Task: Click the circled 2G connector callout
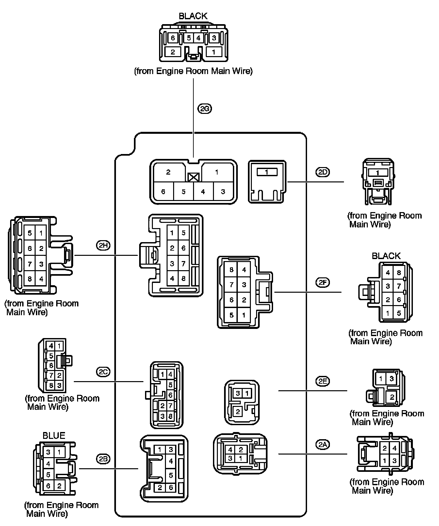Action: coord(204,109)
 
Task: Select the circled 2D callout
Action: coord(323,172)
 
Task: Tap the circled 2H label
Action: coord(103,245)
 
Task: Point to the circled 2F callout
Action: coord(322,283)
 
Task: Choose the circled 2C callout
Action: coord(103,371)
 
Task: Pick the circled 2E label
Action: coord(322,381)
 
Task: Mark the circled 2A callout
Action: coord(323,444)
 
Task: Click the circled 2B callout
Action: coord(103,459)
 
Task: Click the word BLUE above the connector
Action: coord(54,436)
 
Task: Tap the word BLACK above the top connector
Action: coord(193,16)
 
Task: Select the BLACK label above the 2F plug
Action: coord(386,256)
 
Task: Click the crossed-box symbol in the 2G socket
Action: coord(194,177)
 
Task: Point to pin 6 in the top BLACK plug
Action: coord(172,38)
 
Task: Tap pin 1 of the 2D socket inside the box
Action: coord(267,172)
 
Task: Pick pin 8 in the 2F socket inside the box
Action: coord(232,270)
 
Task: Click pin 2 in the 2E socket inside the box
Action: coord(237,412)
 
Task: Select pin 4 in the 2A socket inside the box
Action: coord(231,450)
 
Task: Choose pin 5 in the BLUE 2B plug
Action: coord(48,474)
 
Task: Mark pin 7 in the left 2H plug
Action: coord(30,264)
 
